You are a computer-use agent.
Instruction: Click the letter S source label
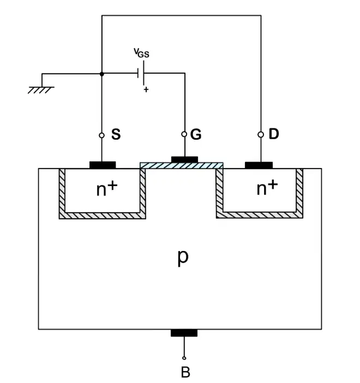116,134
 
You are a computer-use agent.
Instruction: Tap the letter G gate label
196,134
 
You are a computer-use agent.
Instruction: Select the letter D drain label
274,134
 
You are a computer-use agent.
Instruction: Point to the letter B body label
185,372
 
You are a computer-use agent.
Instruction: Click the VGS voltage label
141,53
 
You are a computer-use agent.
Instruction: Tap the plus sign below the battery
146,89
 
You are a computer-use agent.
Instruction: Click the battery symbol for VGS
141,73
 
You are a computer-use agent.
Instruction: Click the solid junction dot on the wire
102,74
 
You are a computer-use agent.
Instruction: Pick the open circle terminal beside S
101,135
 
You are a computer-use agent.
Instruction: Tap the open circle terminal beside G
184,134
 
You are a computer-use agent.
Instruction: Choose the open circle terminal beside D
261,135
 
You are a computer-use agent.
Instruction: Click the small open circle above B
184,358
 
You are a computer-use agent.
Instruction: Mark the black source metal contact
103,165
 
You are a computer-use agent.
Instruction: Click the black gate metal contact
184,160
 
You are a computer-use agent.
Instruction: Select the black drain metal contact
259,165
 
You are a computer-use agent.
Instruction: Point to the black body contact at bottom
184,333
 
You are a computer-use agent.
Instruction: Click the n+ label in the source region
107,189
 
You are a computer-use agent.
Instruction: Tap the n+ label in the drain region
267,188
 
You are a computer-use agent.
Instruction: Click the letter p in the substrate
183,258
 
